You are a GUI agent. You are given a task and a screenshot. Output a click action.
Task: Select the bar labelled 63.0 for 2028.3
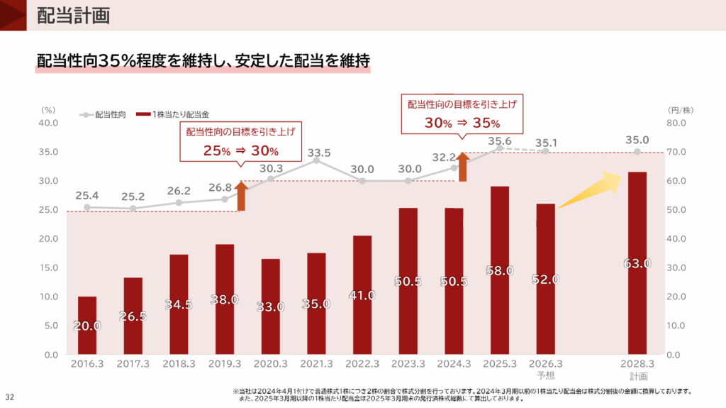coord(637,263)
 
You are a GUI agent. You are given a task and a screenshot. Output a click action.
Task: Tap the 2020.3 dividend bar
coord(271,307)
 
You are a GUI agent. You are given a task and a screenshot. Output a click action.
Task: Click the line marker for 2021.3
coord(317,161)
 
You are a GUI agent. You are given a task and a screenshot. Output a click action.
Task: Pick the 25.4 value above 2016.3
coord(86,194)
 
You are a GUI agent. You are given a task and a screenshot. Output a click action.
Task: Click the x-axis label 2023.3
coord(408,364)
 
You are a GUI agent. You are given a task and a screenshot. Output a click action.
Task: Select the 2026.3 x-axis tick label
coord(546,364)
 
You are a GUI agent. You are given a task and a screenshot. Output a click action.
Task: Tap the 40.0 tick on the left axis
coord(48,123)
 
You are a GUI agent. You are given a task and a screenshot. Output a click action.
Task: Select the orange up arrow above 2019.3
coord(241,196)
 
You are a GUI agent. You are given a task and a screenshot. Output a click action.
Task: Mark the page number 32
coord(11,396)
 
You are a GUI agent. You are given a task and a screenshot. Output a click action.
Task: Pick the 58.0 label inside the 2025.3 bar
coord(500,270)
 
